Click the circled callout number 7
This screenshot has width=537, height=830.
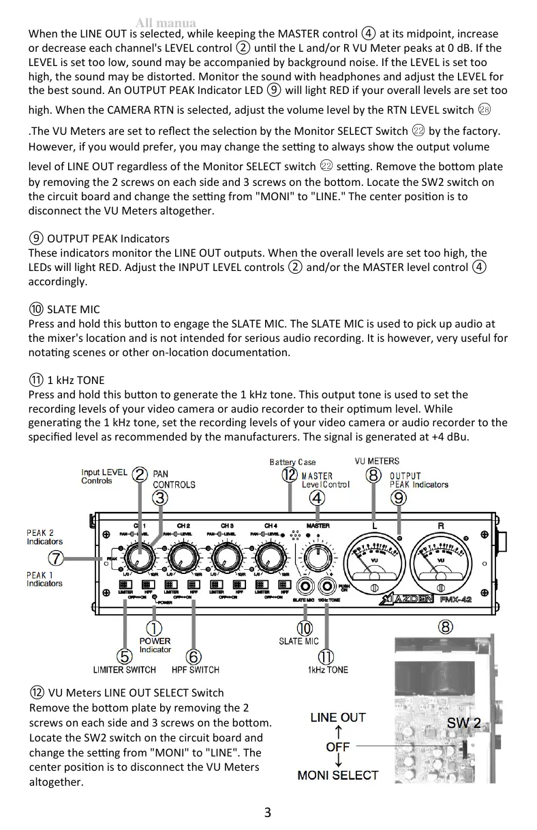56,559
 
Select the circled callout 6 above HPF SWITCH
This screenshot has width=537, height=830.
194,656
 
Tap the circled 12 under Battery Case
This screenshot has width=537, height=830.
290,475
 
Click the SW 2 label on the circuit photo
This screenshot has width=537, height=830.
463,723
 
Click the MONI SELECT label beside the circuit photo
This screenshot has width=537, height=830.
337,775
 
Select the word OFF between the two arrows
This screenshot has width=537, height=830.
337,746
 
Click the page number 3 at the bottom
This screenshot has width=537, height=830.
268,812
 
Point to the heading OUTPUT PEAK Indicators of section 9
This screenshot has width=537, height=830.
108,238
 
